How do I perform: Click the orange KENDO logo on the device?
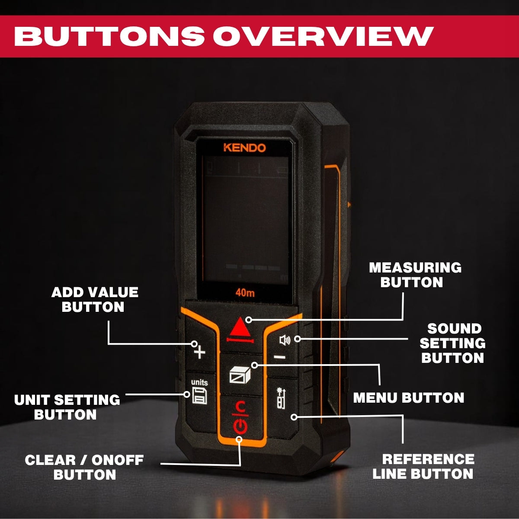[x=244, y=148]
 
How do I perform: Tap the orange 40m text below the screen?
[x=245, y=293]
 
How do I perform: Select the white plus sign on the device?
[x=199, y=352]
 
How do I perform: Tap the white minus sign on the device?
[x=279, y=357]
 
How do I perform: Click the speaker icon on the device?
[x=285, y=340]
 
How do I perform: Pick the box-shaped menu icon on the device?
[x=240, y=375]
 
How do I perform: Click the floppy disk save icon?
[x=199, y=396]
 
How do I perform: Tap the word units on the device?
[x=199, y=382]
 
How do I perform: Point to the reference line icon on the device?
[x=281, y=398]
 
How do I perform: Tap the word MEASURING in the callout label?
[x=415, y=268]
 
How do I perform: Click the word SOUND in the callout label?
[x=455, y=329]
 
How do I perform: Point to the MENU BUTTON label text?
[x=409, y=398]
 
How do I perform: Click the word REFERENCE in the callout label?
[x=428, y=459]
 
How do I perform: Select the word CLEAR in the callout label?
[x=50, y=460]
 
